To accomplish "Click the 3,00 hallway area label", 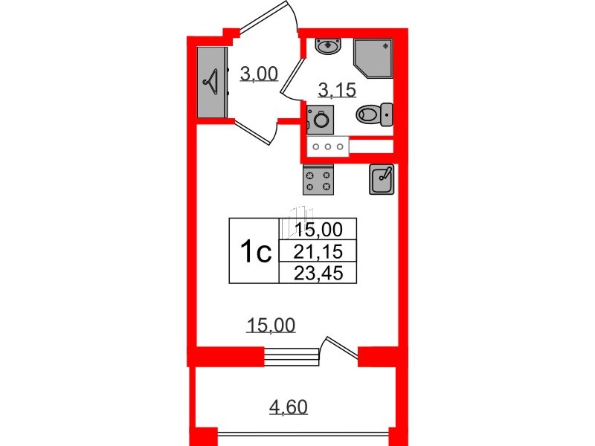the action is point(259,74).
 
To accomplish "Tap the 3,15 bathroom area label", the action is point(338,90).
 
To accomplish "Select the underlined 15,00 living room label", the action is point(271,326).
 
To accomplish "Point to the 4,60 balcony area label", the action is point(289,407).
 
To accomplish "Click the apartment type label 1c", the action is point(256,252).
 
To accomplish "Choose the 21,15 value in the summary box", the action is point(318,251).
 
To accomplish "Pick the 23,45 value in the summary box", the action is point(318,273).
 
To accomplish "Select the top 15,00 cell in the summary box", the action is point(319,229).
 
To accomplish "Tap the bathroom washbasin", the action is point(329,47).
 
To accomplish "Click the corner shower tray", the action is point(373,58).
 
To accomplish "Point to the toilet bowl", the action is point(374,114).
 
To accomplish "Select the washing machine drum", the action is point(321,120).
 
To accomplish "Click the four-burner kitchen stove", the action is point(318,180).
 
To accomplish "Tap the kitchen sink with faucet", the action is point(382,179).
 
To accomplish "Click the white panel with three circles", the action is point(328,146).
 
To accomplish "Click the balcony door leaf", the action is point(341,347).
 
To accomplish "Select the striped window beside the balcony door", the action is point(292,357).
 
